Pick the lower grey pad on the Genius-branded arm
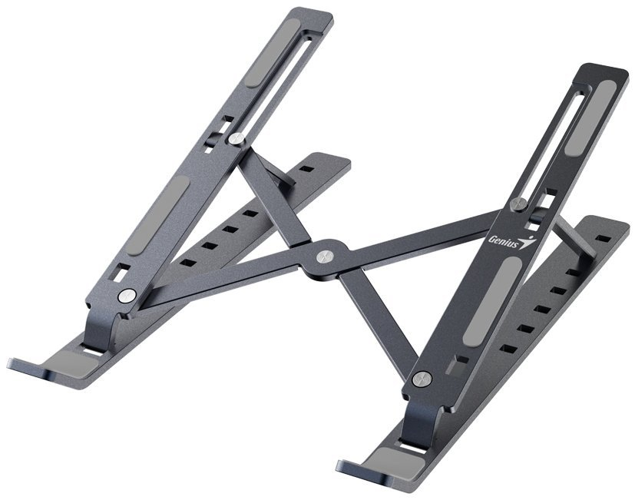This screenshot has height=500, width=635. [x=492, y=300]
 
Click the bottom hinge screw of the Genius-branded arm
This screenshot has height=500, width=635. [x=421, y=378]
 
